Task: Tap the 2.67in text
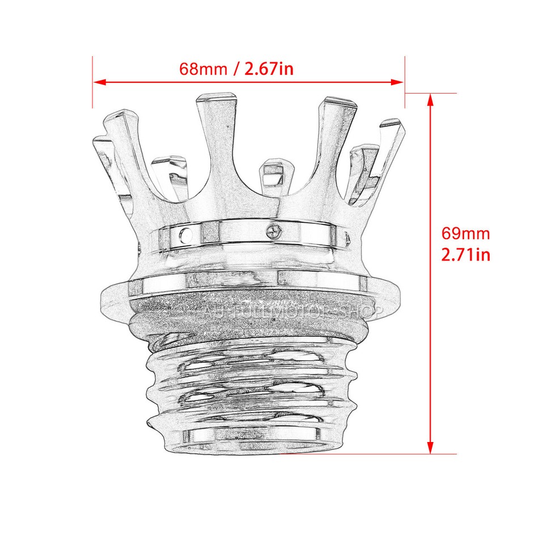point(269,69)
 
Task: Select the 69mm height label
point(465,233)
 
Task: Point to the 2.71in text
point(466,254)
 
